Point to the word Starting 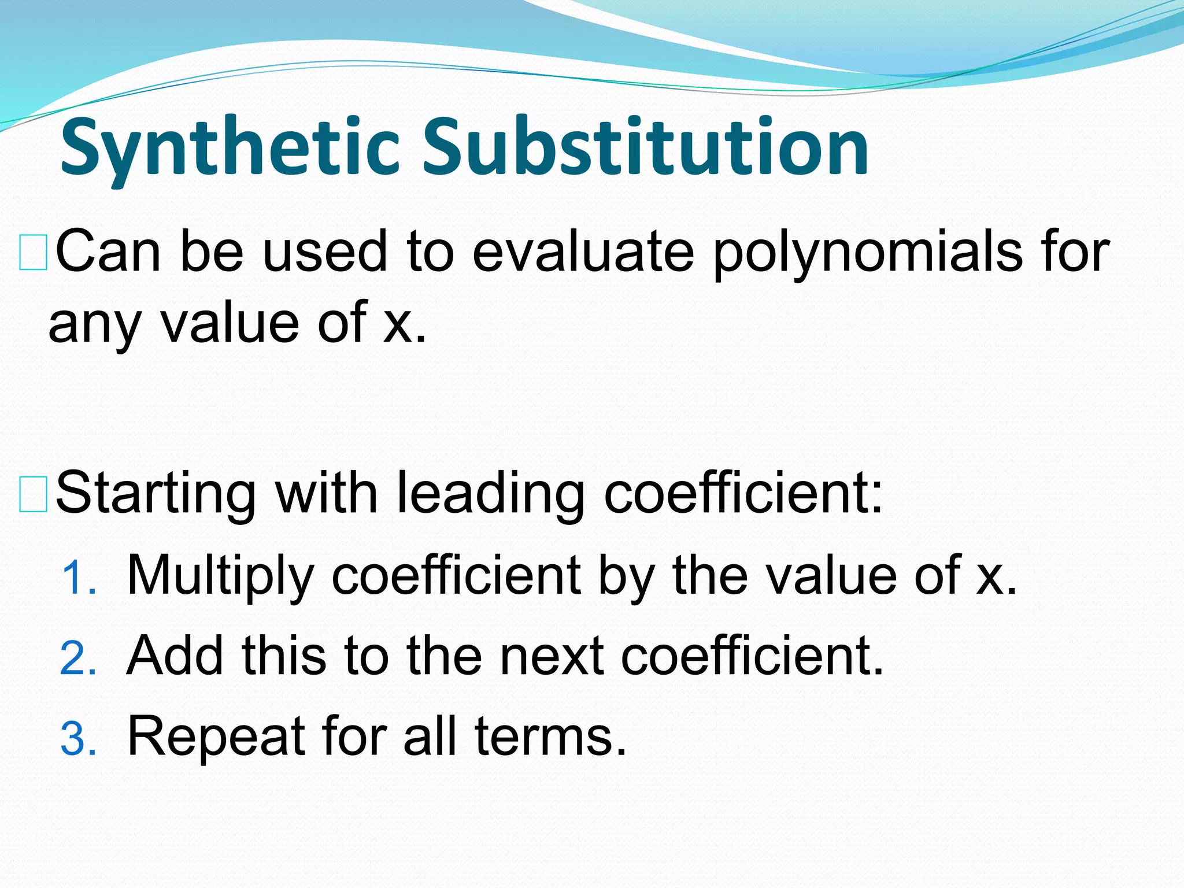(156, 495)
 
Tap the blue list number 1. (77, 579)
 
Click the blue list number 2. (77, 659)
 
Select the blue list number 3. (77, 739)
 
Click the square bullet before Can (33, 253)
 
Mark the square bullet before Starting (33, 495)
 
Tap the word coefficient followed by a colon (742, 495)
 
